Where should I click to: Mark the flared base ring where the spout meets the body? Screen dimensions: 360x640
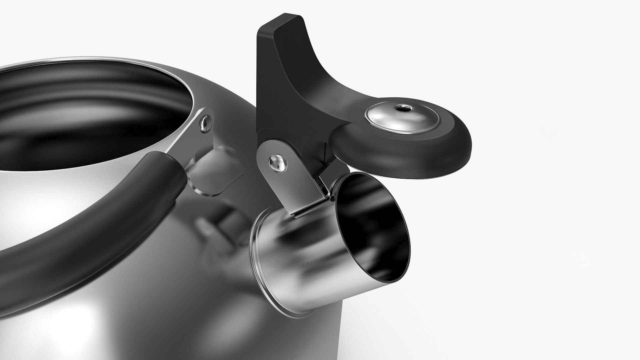tap(263, 267)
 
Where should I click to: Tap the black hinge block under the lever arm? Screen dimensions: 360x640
tap(313, 150)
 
